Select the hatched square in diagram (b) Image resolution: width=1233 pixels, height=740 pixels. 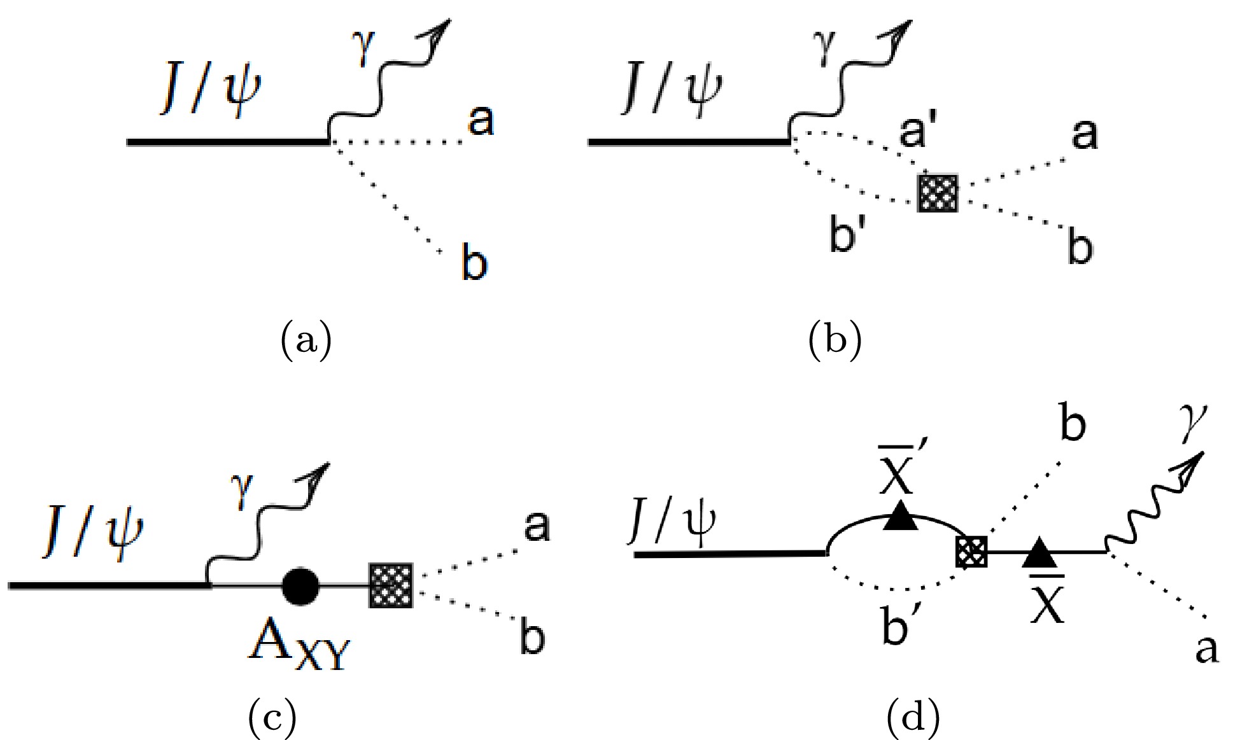click(938, 193)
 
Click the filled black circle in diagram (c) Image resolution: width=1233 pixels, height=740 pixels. click(300, 585)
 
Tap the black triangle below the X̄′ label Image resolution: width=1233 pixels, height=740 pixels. click(900, 516)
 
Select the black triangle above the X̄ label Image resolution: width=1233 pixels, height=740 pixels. click(1039, 552)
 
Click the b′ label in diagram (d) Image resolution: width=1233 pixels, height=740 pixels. click(900, 624)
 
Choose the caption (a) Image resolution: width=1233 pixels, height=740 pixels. click(306, 340)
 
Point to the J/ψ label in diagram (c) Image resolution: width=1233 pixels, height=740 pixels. click(93, 536)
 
